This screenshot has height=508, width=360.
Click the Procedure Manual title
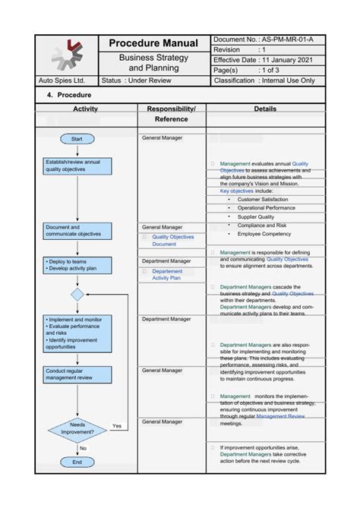(153, 44)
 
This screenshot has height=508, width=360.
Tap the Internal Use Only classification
(286, 80)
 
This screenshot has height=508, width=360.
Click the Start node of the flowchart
(77, 139)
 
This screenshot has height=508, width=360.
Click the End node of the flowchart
(77, 462)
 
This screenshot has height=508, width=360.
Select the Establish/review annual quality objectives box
(77, 166)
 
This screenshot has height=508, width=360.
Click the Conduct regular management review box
(77, 374)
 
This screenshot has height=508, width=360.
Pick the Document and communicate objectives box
(77, 230)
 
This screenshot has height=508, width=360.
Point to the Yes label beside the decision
(117, 426)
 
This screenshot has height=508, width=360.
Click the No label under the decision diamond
(83, 448)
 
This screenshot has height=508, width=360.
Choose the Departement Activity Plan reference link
(166, 274)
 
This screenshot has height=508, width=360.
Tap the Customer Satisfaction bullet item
(262, 200)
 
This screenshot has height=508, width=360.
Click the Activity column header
(85, 109)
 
